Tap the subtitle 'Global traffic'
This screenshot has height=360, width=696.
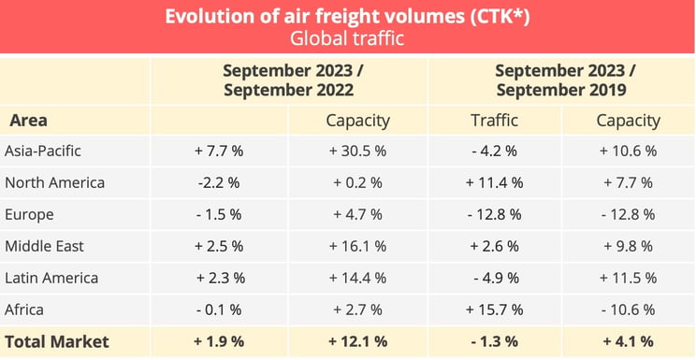click(348, 38)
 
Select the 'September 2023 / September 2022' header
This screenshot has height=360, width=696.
click(288, 80)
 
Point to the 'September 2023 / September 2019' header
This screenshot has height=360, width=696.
click(561, 80)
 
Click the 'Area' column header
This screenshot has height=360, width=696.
click(28, 121)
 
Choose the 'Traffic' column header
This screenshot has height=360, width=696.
click(492, 121)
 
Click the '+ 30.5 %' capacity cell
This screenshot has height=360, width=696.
click(357, 151)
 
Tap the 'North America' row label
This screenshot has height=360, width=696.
click(54, 182)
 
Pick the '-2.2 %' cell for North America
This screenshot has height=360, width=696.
click(218, 182)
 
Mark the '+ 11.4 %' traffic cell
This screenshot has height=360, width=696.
click(492, 182)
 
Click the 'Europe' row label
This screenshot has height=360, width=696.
click(29, 214)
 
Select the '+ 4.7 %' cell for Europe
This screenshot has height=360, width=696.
click(357, 214)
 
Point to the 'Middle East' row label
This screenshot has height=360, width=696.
click(44, 246)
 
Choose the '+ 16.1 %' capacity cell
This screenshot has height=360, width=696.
click(357, 246)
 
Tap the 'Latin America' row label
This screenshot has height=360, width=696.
click(51, 278)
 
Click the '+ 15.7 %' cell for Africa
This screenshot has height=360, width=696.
click(492, 310)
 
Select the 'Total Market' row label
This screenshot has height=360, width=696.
click(57, 341)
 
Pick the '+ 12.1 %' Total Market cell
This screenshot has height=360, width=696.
click(357, 341)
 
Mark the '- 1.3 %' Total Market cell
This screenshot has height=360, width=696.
click(492, 341)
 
